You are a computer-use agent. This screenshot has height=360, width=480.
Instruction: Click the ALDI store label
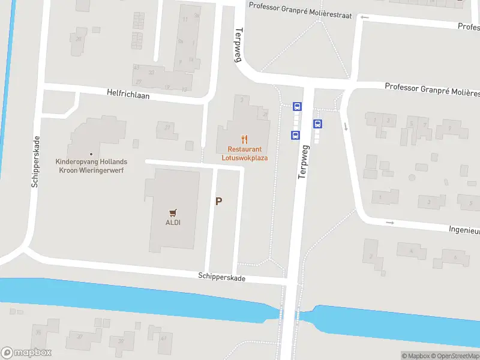pyautogui.click(x=173, y=223)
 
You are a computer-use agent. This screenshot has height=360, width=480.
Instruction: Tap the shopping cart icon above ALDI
pyautogui.click(x=173, y=212)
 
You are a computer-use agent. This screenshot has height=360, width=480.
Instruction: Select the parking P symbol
pyautogui.click(x=219, y=202)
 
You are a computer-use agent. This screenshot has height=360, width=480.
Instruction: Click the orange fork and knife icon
pyautogui.click(x=244, y=139)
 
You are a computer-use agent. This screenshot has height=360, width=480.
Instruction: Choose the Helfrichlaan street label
pyautogui.click(x=128, y=95)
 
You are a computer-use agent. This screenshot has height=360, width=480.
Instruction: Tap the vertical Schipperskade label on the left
pyautogui.click(x=35, y=162)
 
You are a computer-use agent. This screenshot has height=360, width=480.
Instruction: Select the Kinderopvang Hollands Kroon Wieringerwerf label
pyautogui.click(x=91, y=166)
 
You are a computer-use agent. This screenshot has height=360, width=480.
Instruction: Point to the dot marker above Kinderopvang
pyautogui.click(x=91, y=154)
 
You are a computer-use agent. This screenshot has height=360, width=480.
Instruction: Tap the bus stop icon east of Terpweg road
pyautogui.click(x=318, y=124)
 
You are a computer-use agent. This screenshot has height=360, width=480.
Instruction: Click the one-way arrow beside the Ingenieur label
pyautogui.click(x=389, y=223)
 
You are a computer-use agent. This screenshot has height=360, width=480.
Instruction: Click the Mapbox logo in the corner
pyautogui.click(x=26, y=353)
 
